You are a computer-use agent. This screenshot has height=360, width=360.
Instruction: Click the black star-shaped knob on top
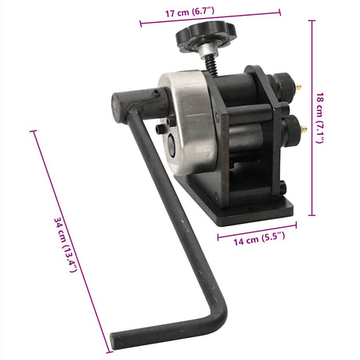click(206, 36)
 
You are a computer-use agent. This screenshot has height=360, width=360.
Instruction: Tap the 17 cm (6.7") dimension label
click(190, 12)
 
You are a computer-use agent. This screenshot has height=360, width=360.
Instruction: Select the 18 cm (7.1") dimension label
click(320, 118)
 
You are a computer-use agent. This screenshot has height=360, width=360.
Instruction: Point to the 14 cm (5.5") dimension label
click(259, 239)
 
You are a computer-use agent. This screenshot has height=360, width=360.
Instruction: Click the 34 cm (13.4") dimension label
click(65, 245)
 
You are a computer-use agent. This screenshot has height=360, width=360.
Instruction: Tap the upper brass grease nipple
click(298, 87)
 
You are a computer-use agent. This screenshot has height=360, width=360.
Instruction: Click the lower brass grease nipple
click(304, 128)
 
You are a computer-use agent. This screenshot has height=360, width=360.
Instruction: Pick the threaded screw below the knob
click(211, 67)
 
